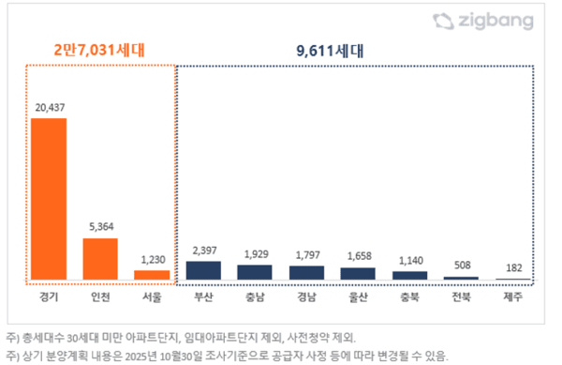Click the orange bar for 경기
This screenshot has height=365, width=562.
tap(49, 199)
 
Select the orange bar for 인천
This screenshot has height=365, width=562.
tap(100, 259)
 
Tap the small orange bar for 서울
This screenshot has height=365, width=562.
tap(152, 275)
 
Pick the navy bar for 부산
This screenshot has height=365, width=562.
tap(203, 270)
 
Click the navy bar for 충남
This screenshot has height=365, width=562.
tap(255, 272)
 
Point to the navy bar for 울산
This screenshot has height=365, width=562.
tap(358, 273)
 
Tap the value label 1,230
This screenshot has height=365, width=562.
tap(152, 260)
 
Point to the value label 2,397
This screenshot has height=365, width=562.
tap(203, 251)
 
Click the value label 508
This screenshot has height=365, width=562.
tap(461, 266)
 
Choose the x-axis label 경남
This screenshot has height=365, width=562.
tap(306, 297)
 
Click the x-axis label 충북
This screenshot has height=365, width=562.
tap(409, 297)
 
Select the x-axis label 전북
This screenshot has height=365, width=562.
tap(461, 297)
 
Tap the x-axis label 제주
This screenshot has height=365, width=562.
tap(512, 297)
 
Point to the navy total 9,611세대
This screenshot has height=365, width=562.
tap(352, 48)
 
